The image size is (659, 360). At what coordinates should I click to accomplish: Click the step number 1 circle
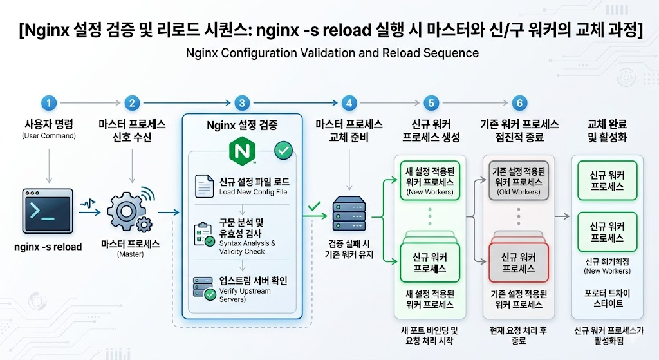[49, 102]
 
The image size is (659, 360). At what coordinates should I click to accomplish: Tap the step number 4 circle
[349, 102]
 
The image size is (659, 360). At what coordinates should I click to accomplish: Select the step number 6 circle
[519, 102]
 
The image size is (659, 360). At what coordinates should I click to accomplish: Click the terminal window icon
[48, 211]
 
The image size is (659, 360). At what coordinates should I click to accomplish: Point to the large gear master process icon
[126, 211]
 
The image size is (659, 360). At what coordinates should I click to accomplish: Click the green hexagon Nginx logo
[242, 151]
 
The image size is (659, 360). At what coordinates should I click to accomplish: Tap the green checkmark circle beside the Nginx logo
[283, 151]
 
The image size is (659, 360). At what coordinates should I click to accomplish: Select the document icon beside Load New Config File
[204, 186]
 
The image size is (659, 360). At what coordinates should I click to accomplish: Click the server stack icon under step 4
[349, 214]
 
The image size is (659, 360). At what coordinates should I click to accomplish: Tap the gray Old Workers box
[519, 180]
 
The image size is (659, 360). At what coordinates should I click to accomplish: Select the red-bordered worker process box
[519, 262]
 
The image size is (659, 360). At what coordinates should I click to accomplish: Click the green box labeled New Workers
[429, 180]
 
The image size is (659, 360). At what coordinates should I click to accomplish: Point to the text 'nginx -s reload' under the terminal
[48, 247]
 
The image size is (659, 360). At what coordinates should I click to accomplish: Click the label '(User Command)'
[49, 136]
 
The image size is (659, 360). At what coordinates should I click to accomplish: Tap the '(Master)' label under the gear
[130, 254]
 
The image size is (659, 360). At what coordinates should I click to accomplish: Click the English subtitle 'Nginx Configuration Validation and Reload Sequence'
[332, 53]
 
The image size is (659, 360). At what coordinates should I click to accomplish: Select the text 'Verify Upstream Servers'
[245, 295]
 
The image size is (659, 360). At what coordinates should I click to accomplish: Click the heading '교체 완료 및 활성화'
[607, 130]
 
